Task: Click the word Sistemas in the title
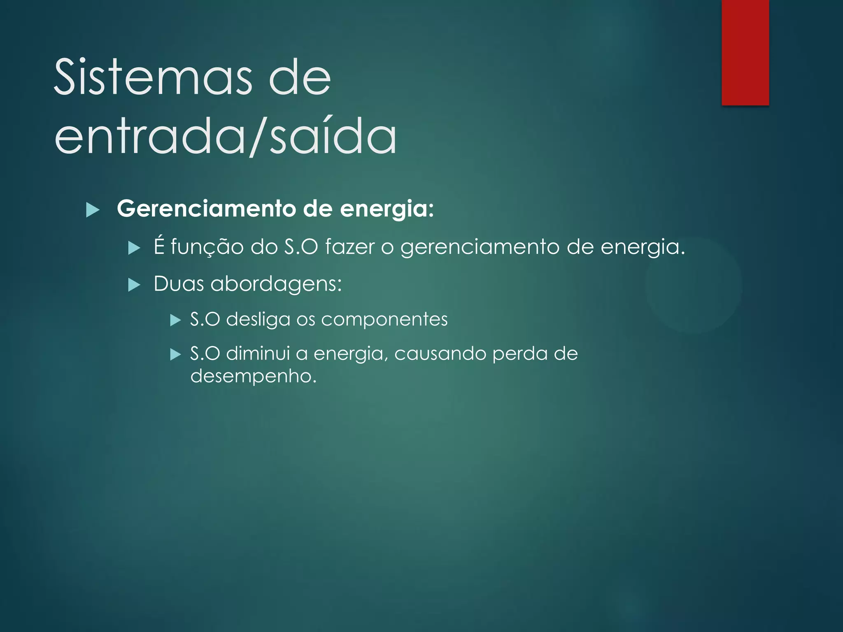[x=152, y=77]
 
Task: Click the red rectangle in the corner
[x=745, y=52]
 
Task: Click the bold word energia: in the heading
[x=387, y=209]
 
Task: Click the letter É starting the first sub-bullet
[x=159, y=246]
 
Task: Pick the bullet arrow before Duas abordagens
[x=134, y=285]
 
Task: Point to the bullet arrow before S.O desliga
[x=176, y=320]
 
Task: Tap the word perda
[x=520, y=354]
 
